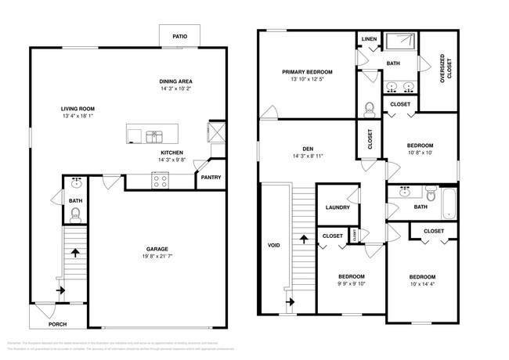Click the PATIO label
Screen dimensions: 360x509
[179, 35]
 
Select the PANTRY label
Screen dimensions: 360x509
[210, 177]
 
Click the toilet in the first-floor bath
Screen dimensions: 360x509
[75, 211]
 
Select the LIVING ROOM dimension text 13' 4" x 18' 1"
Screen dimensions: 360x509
[78, 117]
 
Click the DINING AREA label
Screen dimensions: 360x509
[175, 81]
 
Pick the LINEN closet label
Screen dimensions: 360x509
[368, 39]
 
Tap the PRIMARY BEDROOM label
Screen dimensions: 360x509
[308, 71]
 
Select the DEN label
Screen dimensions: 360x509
[308, 148]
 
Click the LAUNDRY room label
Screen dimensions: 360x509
[337, 207]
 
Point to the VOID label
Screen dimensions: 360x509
[274, 245]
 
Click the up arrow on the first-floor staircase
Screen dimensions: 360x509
[75, 253]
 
